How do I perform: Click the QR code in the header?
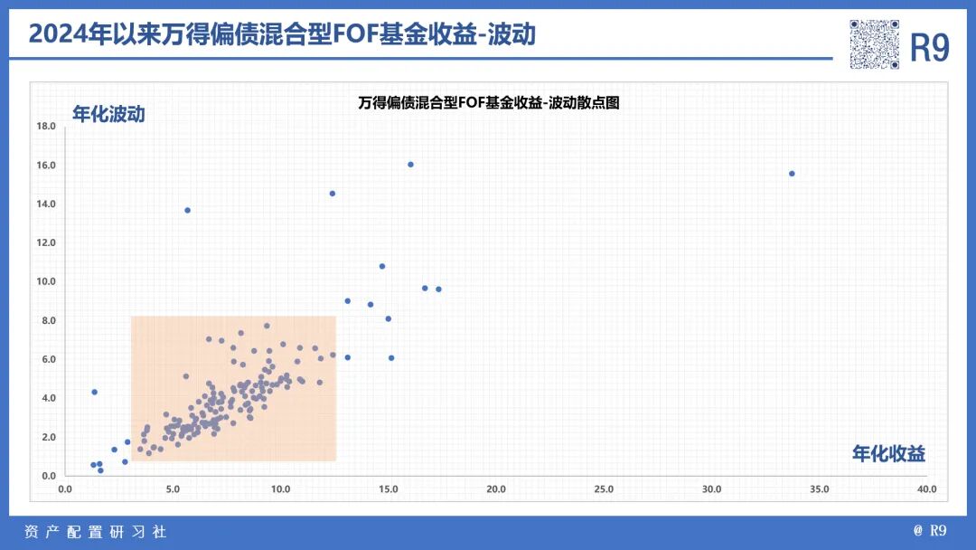tap(875, 44)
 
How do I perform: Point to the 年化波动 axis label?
tap(108, 114)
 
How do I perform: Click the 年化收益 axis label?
tap(888, 454)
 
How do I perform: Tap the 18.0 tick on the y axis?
tap(46, 127)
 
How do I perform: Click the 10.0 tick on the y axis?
tap(46, 281)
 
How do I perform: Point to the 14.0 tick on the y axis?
tap(46, 204)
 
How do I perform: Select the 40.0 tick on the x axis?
tap(926, 489)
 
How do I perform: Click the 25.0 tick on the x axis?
tap(604, 489)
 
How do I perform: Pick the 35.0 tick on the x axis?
tap(819, 489)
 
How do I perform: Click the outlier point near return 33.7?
tap(792, 174)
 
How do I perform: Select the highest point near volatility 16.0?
tap(410, 165)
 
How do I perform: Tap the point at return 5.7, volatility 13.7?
tap(188, 210)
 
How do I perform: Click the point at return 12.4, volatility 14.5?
tap(333, 194)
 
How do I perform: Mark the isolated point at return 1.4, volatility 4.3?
tap(94, 393)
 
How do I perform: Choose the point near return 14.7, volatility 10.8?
tap(382, 266)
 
